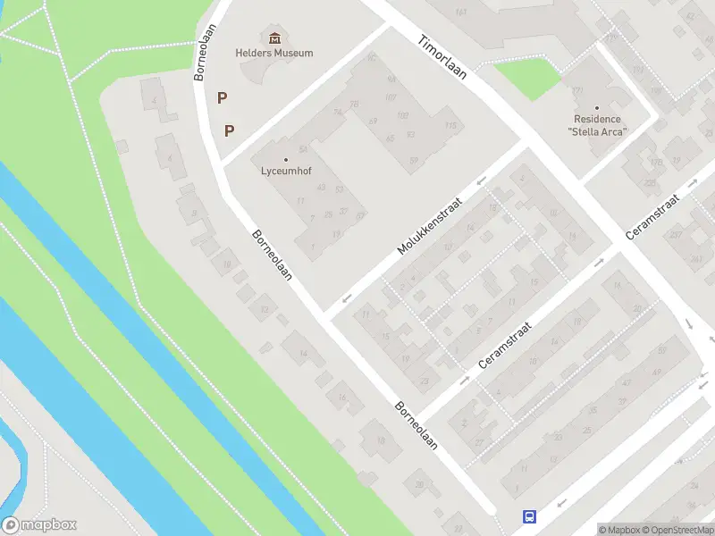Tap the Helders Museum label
274,53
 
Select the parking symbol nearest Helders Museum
222,97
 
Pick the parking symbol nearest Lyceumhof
230,130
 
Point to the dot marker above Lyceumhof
286,160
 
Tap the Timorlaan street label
442,57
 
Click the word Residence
597,120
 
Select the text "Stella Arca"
597,132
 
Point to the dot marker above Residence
597,108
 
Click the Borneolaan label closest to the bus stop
416,424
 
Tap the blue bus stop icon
529,516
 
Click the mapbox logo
39,525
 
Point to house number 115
450,126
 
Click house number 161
461,12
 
